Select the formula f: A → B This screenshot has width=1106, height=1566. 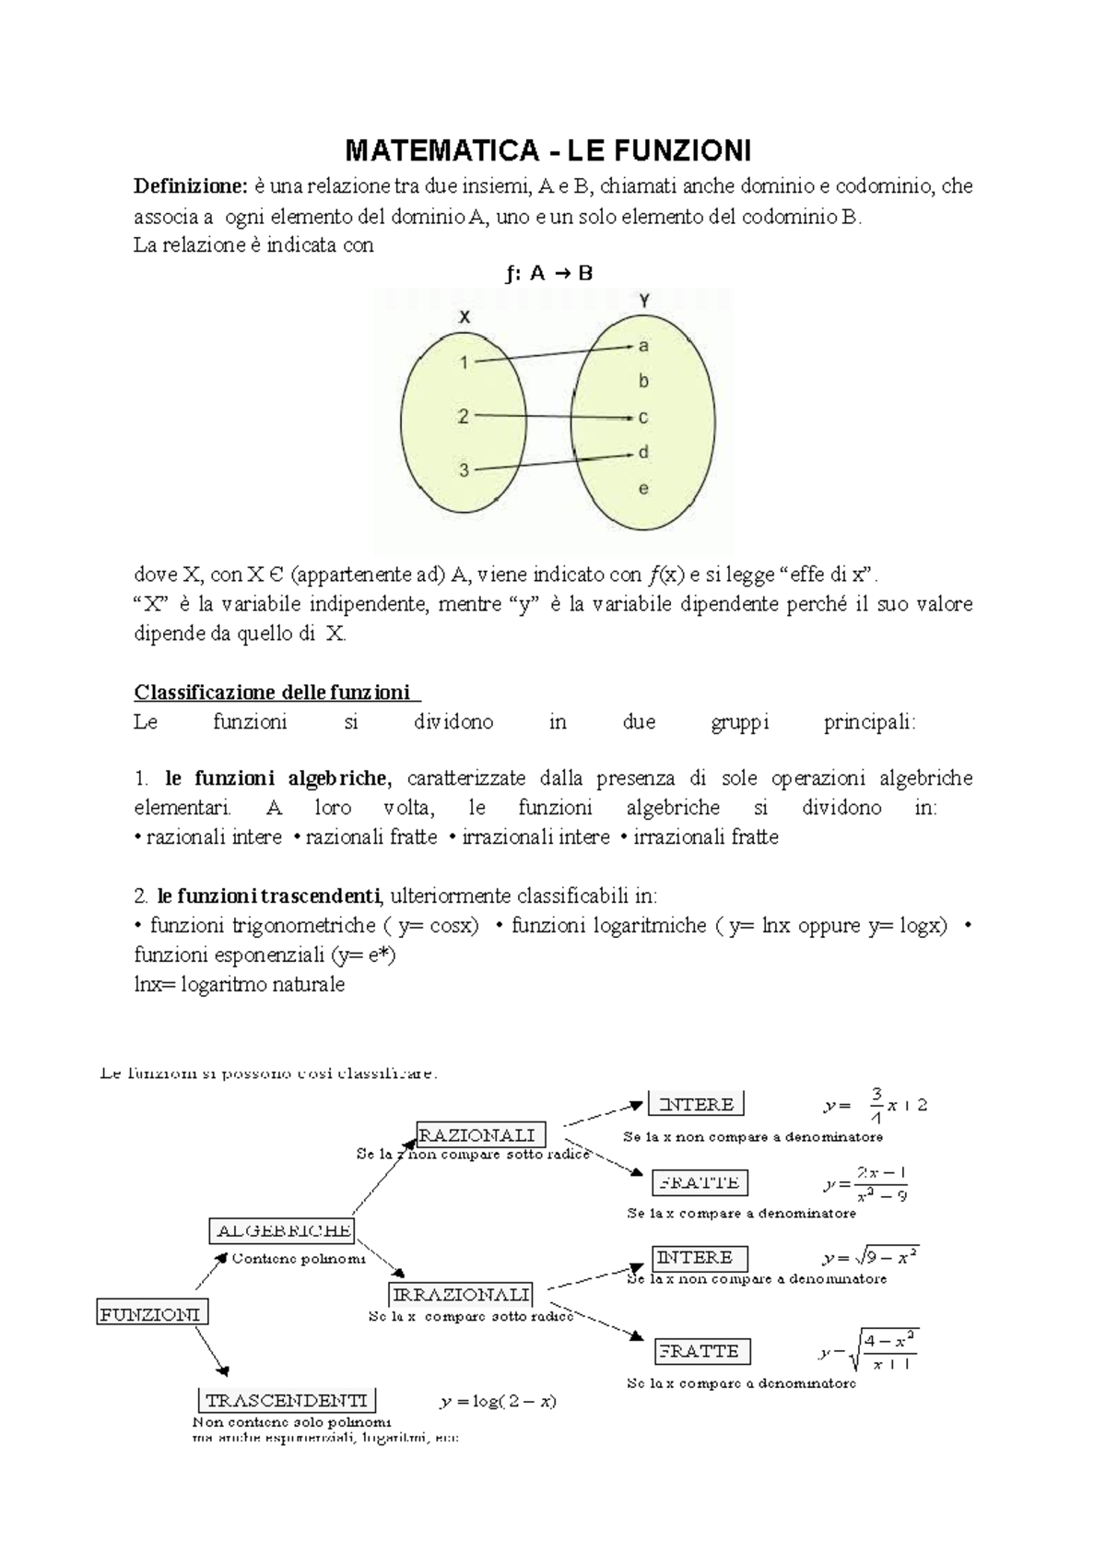coord(549,273)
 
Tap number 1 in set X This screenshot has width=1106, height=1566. coord(465,362)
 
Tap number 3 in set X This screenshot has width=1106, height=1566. coord(465,470)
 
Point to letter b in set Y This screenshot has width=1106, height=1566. coord(643,381)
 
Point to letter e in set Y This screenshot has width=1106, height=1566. coord(643,489)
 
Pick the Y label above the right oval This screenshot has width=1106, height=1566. coord(644,300)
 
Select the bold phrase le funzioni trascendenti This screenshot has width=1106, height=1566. coord(268,896)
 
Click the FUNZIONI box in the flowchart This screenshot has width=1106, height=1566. coord(151,1313)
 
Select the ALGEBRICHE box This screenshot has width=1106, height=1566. coord(283,1230)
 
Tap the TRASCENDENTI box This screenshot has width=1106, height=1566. coord(287,1400)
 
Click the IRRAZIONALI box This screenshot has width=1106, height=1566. coord(462,1295)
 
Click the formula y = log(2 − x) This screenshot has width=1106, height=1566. coord(498,1402)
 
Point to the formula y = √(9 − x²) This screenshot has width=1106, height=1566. coord(871,1258)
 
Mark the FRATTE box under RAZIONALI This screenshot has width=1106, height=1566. coord(700,1182)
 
